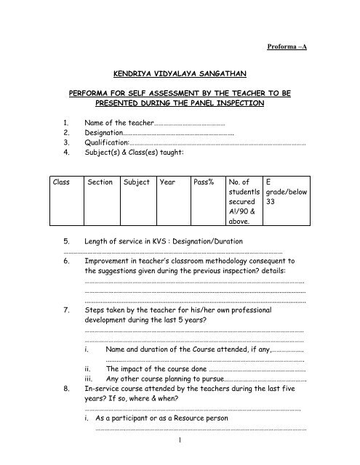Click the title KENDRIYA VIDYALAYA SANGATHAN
tap(180, 74)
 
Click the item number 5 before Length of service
tap(66, 241)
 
